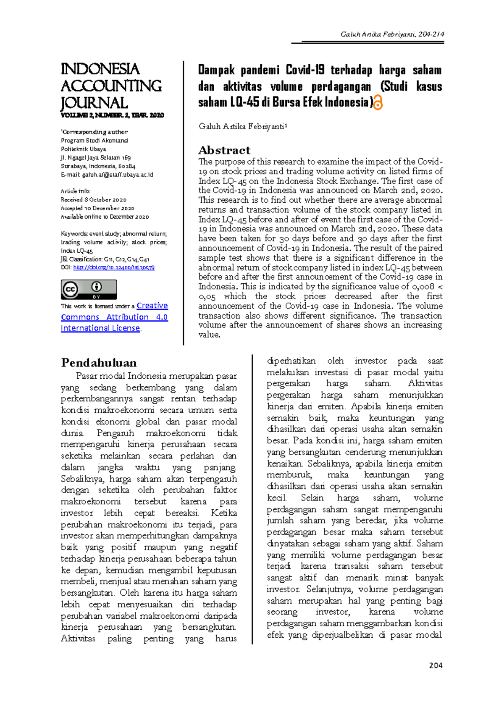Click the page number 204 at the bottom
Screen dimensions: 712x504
(x=436, y=665)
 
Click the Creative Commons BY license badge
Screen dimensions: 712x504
(x=89, y=290)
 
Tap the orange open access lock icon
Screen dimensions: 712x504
(x=378, y=102)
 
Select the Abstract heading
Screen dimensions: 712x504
(x=224, y=150)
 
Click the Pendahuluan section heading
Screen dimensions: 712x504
(x=99, y=363)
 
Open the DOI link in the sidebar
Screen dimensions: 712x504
(x=114, y=267)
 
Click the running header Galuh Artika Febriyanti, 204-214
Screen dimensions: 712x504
(x=392, y=34)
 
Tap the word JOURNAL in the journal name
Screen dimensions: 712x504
(x=94, y=103)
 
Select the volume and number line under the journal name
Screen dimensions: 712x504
(x=112, y=115)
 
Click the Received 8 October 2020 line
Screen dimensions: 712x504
(x=93, y=200)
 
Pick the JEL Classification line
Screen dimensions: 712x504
(x=105, y=259)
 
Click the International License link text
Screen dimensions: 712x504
(x=100, y=328)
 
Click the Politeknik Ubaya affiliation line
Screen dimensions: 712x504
(x=83, y=149)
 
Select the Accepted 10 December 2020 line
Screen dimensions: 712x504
(x=97, y=208)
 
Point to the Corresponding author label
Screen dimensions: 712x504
(x=94, y=132)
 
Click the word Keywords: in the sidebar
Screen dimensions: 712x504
(x=74, y=234)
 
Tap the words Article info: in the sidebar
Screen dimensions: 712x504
(x=76, y=191)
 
